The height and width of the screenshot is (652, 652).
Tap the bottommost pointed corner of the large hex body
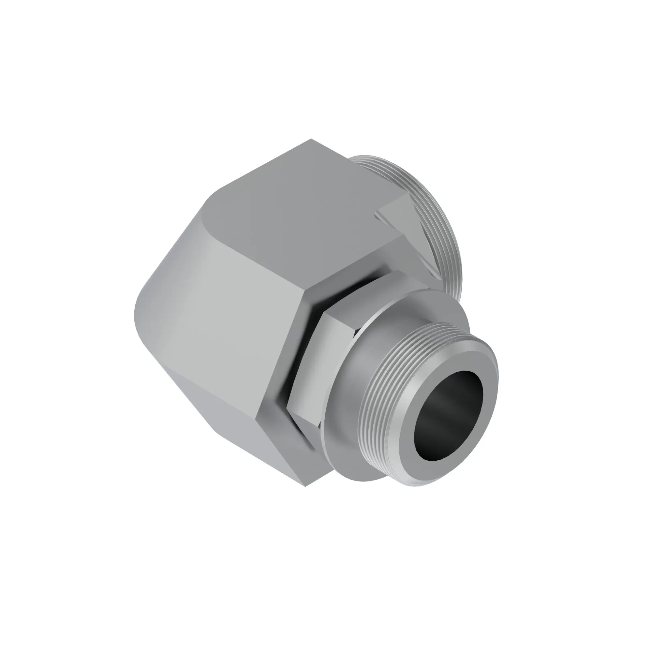(x=305, y=486)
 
